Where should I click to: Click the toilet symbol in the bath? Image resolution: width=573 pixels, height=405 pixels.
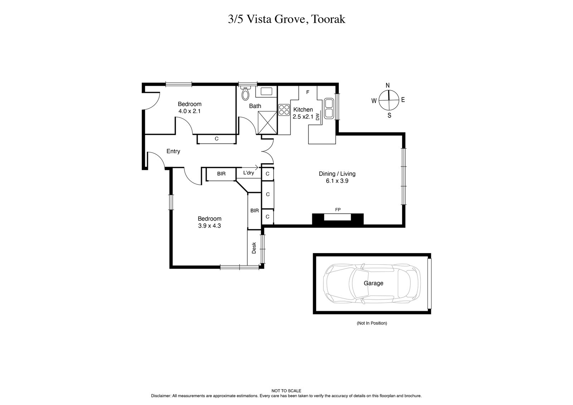[x=245, y=94]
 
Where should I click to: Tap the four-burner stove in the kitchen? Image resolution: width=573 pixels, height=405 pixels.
[x=284, y=109]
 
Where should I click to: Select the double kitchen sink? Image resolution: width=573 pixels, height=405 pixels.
[x=329, y=109]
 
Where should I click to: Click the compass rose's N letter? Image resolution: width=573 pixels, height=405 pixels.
[x=387, y=85]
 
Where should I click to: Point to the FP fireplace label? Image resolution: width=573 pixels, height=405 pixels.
[x=338, y=210]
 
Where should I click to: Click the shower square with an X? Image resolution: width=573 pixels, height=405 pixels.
[x=268, y=122]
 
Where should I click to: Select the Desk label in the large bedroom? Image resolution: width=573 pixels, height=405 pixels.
[x=254, y=248]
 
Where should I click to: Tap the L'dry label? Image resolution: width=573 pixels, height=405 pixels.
[x=248, y=173]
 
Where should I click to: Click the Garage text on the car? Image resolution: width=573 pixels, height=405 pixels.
[x=374, y=283]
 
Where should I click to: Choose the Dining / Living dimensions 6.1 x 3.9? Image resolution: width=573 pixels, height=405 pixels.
[x=337, y=181]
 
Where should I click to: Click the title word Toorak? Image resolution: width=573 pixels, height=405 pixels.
[x=329, y=19]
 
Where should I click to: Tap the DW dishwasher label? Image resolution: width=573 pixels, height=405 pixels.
[x=318, y=116]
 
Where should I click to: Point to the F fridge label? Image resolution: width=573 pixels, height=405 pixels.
[x=307, y=92]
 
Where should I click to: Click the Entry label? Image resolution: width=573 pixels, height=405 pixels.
[x=173, y=151]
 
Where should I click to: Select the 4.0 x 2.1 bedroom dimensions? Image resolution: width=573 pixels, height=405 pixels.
[x=189, y=111]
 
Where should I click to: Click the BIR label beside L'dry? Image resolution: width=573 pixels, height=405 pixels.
[x=221, y=174]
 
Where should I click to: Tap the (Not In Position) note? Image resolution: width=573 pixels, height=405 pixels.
[x=372, y=323]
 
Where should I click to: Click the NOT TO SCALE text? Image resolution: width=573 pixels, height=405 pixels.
[x=286, y=391]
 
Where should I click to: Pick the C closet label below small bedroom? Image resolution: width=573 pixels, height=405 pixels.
[x=216, y=139]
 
